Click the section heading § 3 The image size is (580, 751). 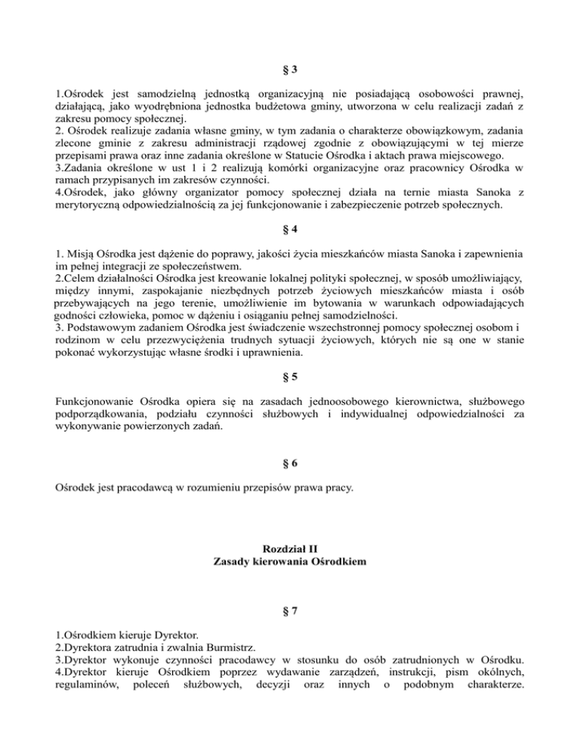pos(290,71)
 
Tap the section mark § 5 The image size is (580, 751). pos(290,375)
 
